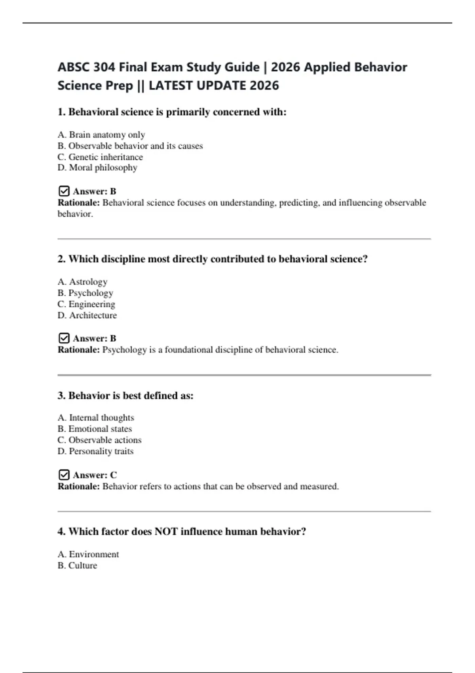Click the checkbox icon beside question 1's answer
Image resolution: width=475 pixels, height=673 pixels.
64,191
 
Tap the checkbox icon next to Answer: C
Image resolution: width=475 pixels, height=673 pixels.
64,475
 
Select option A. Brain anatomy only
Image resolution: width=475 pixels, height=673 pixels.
101,135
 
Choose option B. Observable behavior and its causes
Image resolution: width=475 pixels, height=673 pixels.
130,146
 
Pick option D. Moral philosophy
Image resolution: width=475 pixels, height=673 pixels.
97,167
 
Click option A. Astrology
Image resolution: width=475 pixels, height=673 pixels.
82,281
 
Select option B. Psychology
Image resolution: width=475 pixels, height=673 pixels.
85,293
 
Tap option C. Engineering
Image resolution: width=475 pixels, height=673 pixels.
86,304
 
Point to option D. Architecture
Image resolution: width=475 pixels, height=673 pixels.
87,315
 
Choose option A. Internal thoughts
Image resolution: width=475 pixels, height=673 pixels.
96,418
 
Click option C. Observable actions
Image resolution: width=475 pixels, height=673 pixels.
99,440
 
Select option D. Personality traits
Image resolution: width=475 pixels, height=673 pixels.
95,451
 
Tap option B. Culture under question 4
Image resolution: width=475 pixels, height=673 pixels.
77,565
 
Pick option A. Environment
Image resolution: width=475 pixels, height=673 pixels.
88,554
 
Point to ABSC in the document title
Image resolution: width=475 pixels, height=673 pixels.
74,67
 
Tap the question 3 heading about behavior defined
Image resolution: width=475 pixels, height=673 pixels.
125,395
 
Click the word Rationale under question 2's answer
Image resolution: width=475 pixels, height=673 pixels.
79,350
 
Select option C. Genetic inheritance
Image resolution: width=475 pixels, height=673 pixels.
100,157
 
